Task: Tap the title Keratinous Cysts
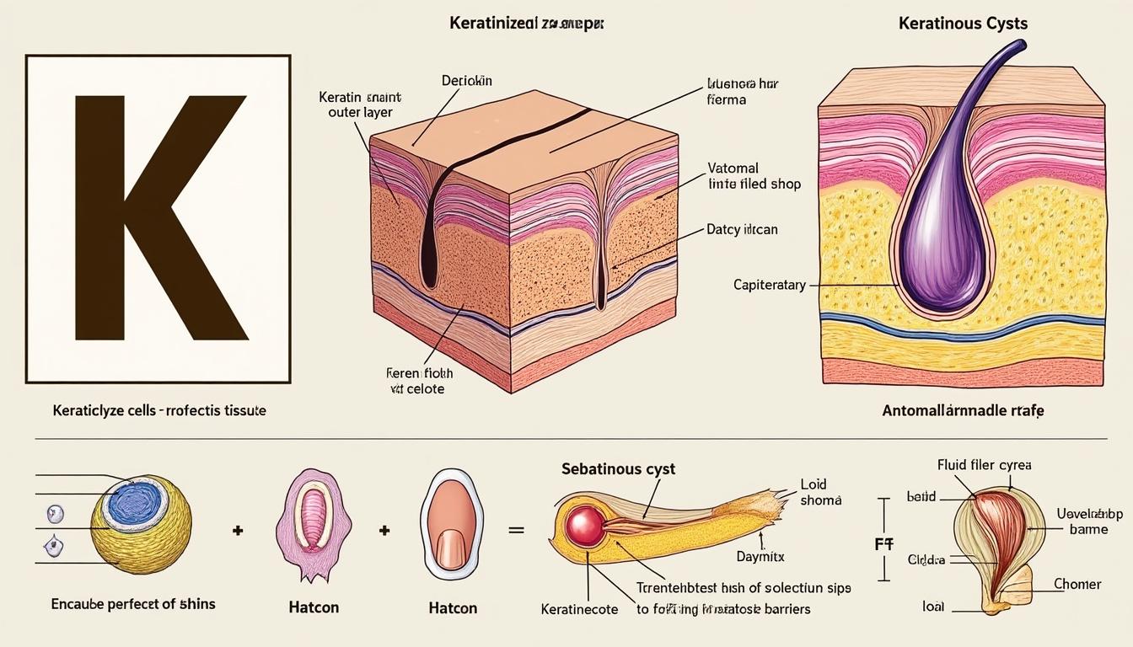click(x=963, y=24)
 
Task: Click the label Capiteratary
click(x=769, y=286)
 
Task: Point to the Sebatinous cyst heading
click(x=618, y=469)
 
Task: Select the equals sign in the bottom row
click(x=516, y=531)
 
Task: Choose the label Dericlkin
click(x=466, y=81)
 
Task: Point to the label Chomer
click(x=1077, y=584)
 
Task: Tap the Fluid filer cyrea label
click(x=984, y=464)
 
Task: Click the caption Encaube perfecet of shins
click(x=133, y=603)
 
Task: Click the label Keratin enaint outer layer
click(x=359, y=104)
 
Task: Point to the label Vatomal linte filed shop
click(x=753, y=175)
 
